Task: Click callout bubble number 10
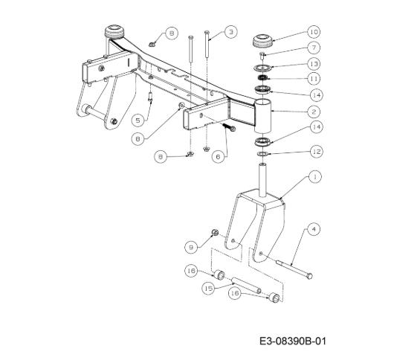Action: click(314, 32)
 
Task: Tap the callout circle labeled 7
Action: click(314, 48)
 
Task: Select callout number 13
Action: click(314, 64)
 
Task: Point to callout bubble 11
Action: click(314, 79)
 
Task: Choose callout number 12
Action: click(317, 152)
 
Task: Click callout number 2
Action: click(314, 112)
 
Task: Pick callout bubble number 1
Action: click(315, 177)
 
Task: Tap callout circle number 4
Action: click(314, 229)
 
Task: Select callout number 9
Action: click(191, 248)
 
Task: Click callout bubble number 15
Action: click(208, 289)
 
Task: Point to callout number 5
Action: click(138, 120)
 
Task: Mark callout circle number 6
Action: click(219, 157)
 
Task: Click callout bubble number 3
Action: click(231, 32)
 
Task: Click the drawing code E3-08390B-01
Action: click(293, 341)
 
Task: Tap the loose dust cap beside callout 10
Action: click(262, 41)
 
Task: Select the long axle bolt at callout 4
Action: click(294, 270)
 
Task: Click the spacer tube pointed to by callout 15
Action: click(247, 286)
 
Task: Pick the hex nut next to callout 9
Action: click(215, 232)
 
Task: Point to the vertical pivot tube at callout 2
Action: click(262, 115)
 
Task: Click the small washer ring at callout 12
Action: click(262, 154)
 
